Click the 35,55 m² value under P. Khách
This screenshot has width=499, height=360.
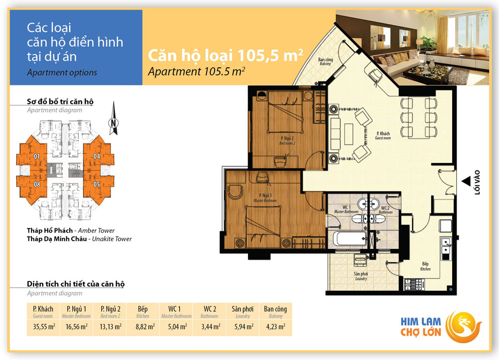click(44, 326)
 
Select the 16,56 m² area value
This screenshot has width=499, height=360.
click(77, 326)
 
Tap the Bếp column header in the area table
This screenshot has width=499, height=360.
click(143, 309)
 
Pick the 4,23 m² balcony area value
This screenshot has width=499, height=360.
click(275, 326)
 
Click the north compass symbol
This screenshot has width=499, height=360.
click(114, 119)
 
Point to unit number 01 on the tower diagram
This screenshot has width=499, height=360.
click(37, 156)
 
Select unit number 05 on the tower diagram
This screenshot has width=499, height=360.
click(97, 184)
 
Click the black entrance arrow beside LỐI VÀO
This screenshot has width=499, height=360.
click(466, 181)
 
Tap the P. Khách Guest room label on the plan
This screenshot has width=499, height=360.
click(383, 135)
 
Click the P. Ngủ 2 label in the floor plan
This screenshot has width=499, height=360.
click(287, 139)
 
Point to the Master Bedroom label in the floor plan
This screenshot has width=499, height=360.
click(265, 201)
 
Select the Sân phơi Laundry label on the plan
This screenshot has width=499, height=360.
click(361, 276)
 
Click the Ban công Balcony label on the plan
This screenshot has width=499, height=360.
click(325, 62)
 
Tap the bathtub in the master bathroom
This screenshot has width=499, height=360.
click(349, 238)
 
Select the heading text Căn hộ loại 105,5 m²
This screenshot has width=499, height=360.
click(225, 55)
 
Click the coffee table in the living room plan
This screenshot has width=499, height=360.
click(349, 134)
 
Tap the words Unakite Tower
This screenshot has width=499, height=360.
click(112, 239)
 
